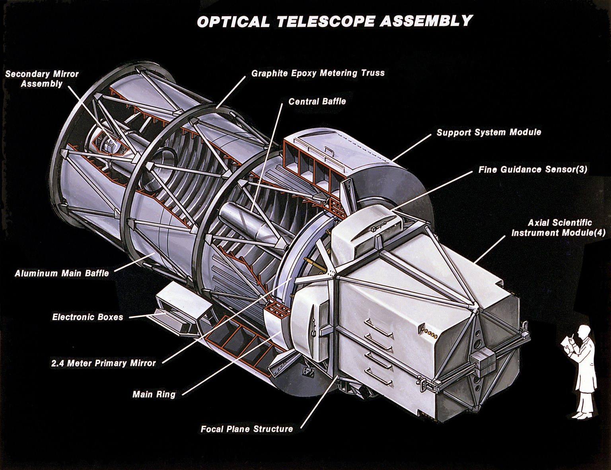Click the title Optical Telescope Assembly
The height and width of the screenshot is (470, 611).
pos(335,21)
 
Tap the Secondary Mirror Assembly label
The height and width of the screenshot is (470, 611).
pos(42,79)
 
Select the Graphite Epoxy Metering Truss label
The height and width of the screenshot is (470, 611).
pos(318,73)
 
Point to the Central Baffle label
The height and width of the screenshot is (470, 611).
pos(317,101)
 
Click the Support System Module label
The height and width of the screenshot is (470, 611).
pos(488,132)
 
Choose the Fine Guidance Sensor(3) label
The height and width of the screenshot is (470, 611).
pos(533,169)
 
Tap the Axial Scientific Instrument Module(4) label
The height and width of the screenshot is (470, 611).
pos(560,228)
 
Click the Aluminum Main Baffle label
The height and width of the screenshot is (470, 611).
pos(62,274)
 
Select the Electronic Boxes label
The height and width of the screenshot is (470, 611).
pos(88,317)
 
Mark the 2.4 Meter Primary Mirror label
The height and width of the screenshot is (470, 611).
pos(103,363)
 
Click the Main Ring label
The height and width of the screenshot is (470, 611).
pos(154,395)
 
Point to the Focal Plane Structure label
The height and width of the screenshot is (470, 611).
pos(247,429)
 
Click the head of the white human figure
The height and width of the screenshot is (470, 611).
pos(583,331)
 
